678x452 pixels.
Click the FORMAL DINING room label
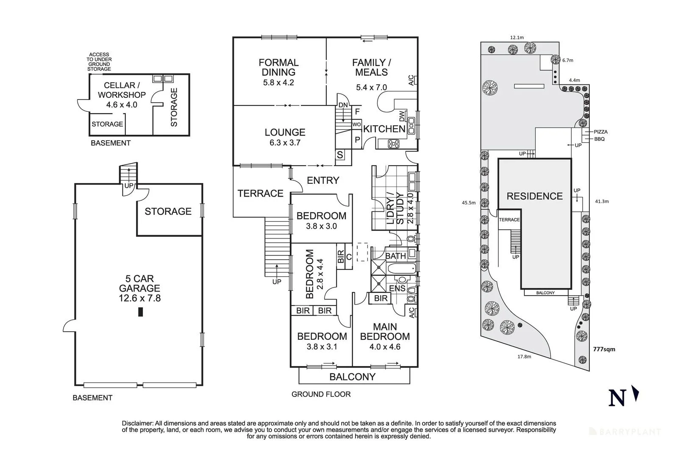click(x=278, y=67)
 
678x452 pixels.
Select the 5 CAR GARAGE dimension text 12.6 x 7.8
click(x=139, y=298)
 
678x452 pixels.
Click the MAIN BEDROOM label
click(x=385, y=332)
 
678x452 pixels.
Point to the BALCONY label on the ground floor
click(x=352, y=377)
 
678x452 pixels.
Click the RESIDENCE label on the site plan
click(x=534, y=196)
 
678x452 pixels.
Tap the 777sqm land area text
click(x=604, y=349)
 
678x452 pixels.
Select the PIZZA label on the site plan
click(x=601, y=132)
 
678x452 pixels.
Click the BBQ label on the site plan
click(x=599, y=139)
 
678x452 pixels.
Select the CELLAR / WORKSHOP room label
click(x=122, y=90)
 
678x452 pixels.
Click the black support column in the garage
click(x=141, y=312)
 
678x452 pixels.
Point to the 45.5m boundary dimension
click(x=468, y=203)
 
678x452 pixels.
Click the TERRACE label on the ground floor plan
click(x=260, y=194)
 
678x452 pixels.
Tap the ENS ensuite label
click(x=397, y=288)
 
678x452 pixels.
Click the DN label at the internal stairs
click(x=343, y=105)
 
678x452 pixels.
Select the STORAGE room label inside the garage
click(x=168, y=211)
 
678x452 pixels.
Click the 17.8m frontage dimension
click(x=524, y=357)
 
